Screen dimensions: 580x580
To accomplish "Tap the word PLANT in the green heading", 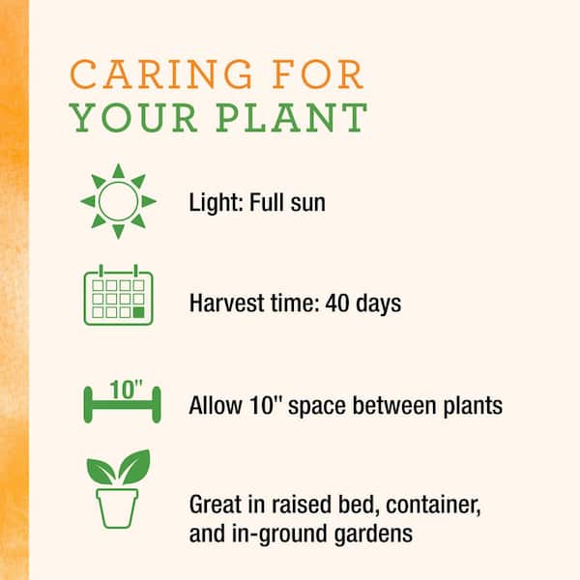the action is click(x=291, y=118).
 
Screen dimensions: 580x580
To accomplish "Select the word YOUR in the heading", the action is click(x=133, y=118).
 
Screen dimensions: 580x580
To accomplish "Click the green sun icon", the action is click(x=118, y=201).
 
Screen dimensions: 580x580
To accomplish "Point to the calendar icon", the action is click(x=118, y=295).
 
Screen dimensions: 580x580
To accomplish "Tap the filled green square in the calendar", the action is click(x=138, y=312).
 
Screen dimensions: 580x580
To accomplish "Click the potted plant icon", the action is click(x=118, y=488).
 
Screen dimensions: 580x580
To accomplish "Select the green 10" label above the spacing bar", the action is click(x=126, y=390).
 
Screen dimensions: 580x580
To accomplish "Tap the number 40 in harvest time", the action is click(x=337, y=303).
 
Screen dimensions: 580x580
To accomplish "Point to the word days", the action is click(x=378, y=304).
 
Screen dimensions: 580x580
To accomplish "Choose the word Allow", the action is click(x=216, y=405).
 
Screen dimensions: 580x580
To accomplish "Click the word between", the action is click(x=394, y=405).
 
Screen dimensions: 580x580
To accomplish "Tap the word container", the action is click(x=433, y=506).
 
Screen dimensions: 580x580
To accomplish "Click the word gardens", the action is click(x=373, y=535).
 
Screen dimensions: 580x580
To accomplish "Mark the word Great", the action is click(x=216, y=505).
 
